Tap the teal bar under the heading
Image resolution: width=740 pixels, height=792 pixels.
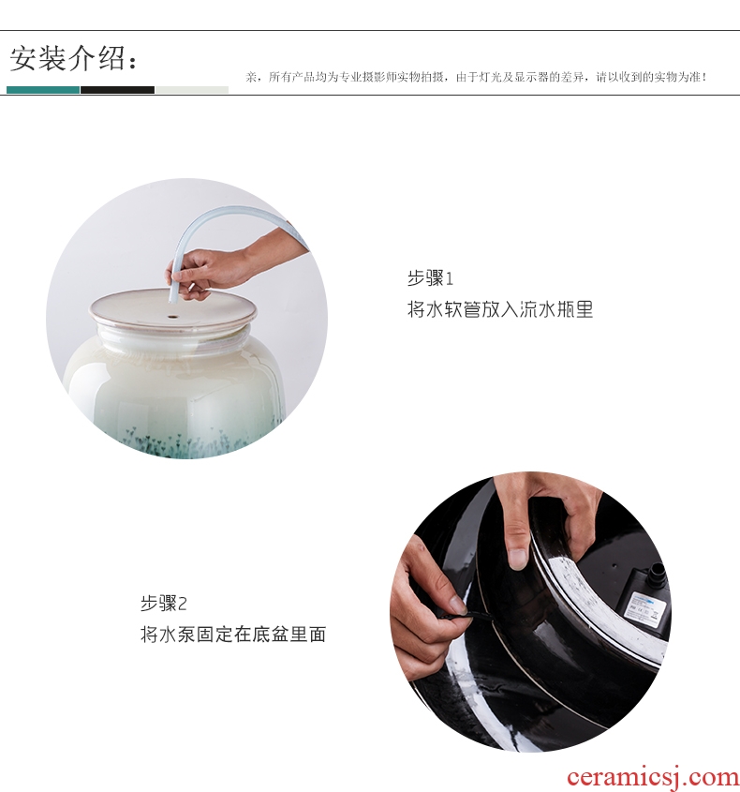[x=43, y=90]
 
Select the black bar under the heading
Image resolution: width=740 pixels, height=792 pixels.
[x=118, y=90]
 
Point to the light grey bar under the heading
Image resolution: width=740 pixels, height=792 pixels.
[x=192, y=90]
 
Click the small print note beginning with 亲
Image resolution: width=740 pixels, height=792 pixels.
[x=476, y=77]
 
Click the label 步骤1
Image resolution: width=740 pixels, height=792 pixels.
[x=430, y=278]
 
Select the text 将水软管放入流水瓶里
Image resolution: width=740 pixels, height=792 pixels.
[x=499, y=309]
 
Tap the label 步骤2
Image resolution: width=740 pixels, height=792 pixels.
[x=164, y=604]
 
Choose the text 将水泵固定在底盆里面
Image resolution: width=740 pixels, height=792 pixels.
[x=233, y=635]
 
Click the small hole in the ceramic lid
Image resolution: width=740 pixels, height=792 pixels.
[x=173, y=318]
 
